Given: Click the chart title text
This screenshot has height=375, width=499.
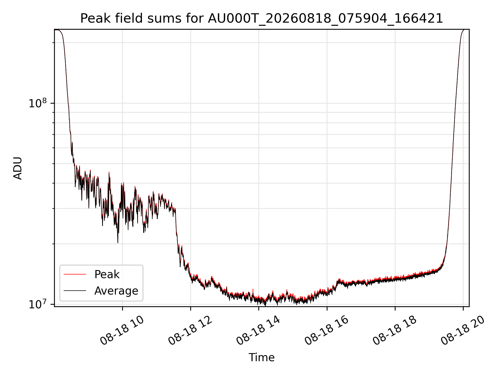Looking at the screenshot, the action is [261, 19].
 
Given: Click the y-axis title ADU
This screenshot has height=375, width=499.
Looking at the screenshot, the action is [18, 168].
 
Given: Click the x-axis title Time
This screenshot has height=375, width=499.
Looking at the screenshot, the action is [261, 358].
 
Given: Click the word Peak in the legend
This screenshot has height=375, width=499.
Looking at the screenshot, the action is [107, 274].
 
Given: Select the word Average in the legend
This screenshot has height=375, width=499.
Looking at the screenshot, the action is [116, 291].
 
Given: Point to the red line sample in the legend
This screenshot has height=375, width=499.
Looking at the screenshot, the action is [75, 274].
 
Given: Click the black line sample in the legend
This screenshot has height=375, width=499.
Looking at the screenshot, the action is [75, 291].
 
